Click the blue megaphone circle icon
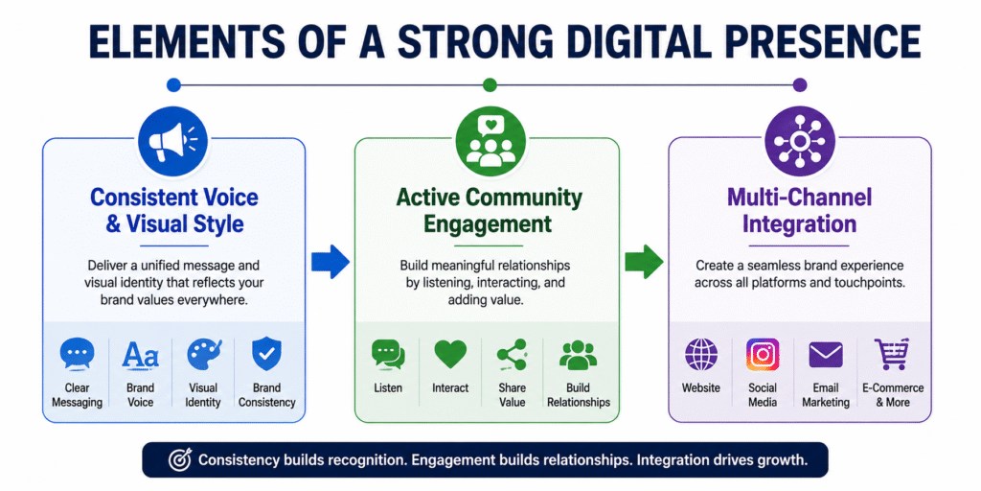[172, 141]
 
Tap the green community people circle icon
[490, 141]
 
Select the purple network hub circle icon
[800, 141]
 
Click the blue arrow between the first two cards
[331, 261]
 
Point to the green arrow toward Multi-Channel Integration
[644, 261]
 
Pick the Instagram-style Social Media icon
[763, 355]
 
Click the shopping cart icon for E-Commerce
[892, 355]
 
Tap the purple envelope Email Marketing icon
[825, 355]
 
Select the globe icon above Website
[700, 355]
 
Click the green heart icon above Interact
[450, 355]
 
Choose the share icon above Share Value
[512, 355]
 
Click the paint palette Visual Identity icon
[204, 355]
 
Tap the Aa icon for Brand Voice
[140, 355]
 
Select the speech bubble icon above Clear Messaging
[77, 355]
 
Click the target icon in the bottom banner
[180, 460]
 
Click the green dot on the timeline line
[490, 84]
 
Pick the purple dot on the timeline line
[800, 84]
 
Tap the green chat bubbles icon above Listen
[388, 355]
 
